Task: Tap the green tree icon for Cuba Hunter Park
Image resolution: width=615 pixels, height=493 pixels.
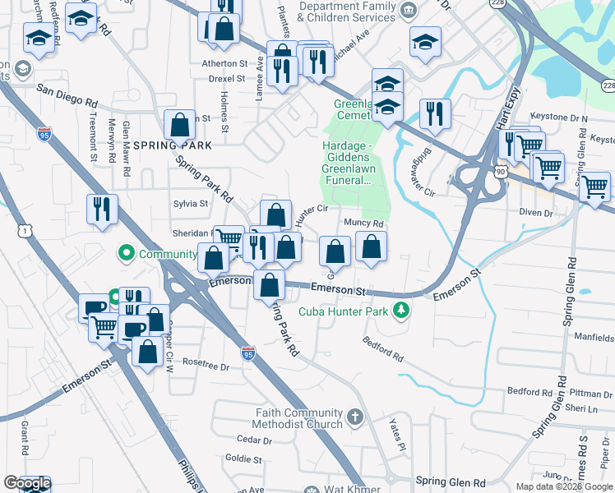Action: tap(400, 310)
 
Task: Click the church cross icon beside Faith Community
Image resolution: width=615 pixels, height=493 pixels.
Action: tap(355, 417)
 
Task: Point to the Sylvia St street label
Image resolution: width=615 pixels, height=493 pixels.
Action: tap(191, 203)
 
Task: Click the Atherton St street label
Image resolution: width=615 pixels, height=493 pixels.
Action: tap(224, 62)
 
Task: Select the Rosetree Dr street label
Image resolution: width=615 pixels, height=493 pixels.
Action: tap(206, 362)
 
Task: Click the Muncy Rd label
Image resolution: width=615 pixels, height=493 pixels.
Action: tap(364, 223)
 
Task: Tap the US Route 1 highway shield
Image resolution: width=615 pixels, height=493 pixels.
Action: tap(27, 233)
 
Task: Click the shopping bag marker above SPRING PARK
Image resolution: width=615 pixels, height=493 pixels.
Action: tap(179, 126)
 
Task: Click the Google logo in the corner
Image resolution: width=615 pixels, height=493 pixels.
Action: tap(27, 483)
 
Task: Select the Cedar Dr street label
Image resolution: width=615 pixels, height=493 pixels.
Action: tap(248, 440)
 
